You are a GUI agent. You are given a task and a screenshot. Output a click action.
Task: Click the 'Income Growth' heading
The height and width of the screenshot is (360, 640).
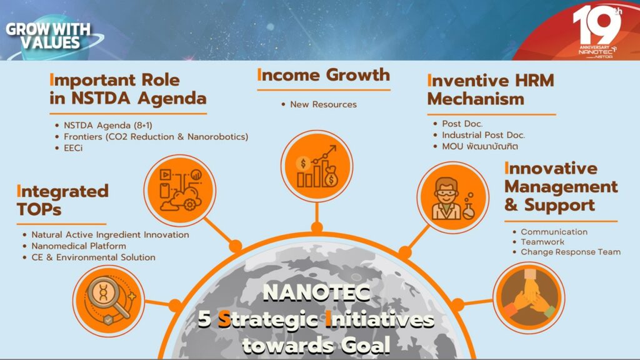click(324, 75)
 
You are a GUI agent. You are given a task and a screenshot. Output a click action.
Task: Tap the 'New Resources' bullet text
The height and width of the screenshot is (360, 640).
click(323, 104)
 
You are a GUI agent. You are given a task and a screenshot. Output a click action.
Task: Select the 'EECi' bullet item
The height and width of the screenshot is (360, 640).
click(73, 148)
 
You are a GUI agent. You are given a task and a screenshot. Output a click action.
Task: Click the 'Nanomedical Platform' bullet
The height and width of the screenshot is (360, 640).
click(79, 246)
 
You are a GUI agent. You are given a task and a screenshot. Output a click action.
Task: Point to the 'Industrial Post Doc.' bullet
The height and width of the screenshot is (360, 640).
click(483, 135)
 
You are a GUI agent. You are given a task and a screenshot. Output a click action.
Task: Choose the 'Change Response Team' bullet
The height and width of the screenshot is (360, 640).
click(571, 252)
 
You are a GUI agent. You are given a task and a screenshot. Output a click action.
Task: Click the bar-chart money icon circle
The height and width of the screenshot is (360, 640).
click(317, 166)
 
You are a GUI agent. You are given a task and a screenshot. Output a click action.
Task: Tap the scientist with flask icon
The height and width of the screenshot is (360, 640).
click(452, 197)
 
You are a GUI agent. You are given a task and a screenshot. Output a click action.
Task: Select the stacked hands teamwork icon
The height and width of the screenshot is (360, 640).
click(529, 298)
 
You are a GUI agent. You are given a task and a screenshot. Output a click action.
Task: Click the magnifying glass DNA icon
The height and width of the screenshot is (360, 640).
click(109, 301)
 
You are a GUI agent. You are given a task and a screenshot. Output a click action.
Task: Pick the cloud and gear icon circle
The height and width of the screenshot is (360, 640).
click(179, 190)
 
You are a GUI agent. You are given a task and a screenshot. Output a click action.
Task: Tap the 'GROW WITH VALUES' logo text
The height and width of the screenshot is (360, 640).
click(48, 36)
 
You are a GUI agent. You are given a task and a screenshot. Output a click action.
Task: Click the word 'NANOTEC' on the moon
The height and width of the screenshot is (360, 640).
click(317, 292)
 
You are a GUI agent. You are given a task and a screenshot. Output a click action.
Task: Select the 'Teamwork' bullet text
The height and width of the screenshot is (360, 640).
click(542, 242)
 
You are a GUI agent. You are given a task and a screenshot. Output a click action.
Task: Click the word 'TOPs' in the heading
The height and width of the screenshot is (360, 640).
click(39, 209)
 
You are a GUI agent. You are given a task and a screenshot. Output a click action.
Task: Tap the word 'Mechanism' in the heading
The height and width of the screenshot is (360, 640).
click(476, 99)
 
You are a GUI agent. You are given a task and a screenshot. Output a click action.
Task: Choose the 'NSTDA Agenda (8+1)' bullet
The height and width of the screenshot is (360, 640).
click(108, 125)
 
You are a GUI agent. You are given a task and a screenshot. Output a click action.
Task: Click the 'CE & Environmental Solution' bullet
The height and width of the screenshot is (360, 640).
click(94, 257)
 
